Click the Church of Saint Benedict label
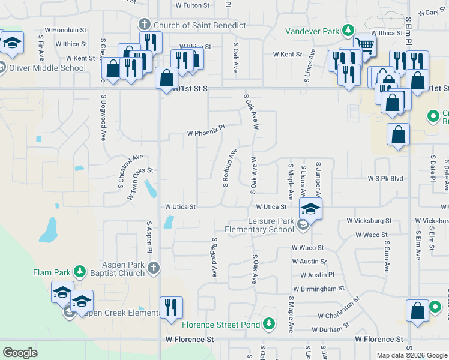pos(199,25)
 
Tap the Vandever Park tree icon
pos(348,29)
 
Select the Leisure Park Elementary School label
pos(259,225)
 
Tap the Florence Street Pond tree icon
pos(270,325)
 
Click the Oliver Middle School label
pos(47,68)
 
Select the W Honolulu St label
pos(67,29)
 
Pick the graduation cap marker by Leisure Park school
pos(310,209)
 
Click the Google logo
pos(20,352)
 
